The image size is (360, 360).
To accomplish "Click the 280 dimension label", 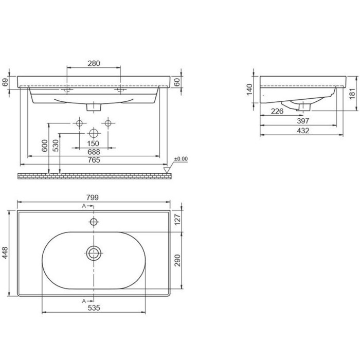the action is (x=94, y=63).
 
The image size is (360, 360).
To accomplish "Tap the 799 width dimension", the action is (x=93, y=197).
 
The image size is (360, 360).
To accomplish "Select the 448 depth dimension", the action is (x=5, y=253).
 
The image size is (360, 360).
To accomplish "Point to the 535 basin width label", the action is (x=94, y=308).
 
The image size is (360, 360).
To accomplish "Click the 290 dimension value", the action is (x=177, y=260).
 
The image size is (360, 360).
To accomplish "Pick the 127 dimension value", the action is (x=177, y=220).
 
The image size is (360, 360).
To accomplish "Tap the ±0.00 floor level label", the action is (x=181, y=159).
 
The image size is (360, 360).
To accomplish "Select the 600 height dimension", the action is (x=45, y=146).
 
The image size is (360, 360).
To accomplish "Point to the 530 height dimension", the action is (x=56, y=146).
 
